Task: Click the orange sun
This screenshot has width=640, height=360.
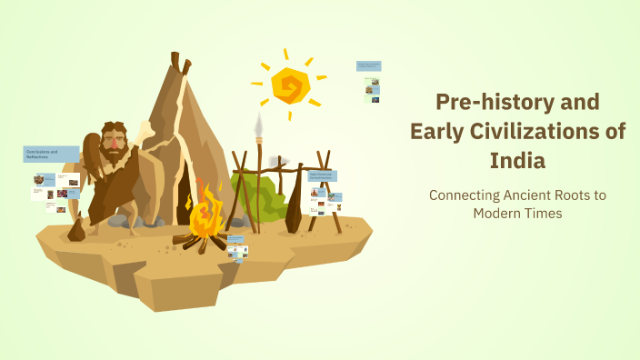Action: coord(292,86)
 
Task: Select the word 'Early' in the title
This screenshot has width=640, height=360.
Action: coord(438,131)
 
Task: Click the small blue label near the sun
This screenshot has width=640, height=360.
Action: coord(368,66)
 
